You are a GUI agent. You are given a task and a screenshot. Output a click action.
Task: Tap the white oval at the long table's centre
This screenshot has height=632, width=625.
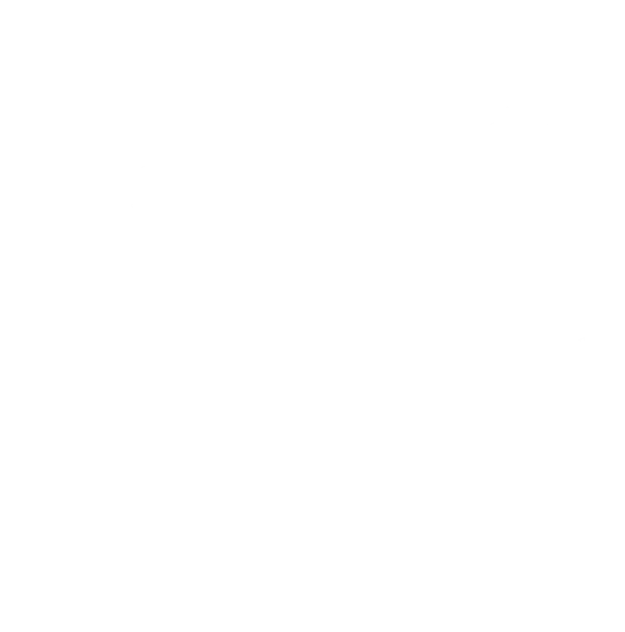tap(378, 353)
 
